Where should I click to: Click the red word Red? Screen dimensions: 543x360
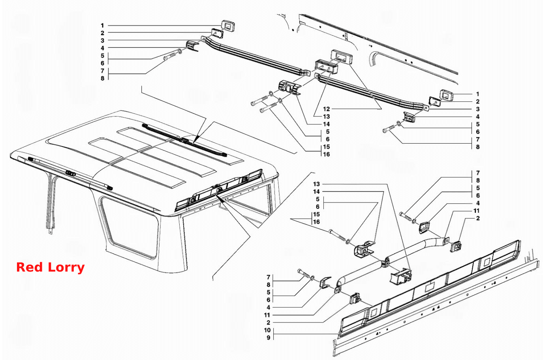29,267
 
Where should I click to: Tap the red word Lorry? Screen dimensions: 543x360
66,268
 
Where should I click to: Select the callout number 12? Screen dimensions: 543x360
326,109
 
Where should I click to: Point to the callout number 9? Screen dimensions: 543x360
269,337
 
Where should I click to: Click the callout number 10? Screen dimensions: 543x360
267,330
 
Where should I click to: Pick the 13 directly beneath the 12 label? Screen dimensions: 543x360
326,116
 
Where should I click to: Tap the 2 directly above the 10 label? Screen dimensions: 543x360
269,322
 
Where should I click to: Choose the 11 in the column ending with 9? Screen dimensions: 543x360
267,315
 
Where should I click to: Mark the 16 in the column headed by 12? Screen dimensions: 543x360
326,154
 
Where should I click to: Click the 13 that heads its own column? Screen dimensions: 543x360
316,184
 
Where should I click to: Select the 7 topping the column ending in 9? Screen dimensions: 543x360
269,277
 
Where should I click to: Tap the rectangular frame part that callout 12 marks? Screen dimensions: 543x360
342,57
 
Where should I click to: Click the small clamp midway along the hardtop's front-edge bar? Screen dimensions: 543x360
70,173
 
